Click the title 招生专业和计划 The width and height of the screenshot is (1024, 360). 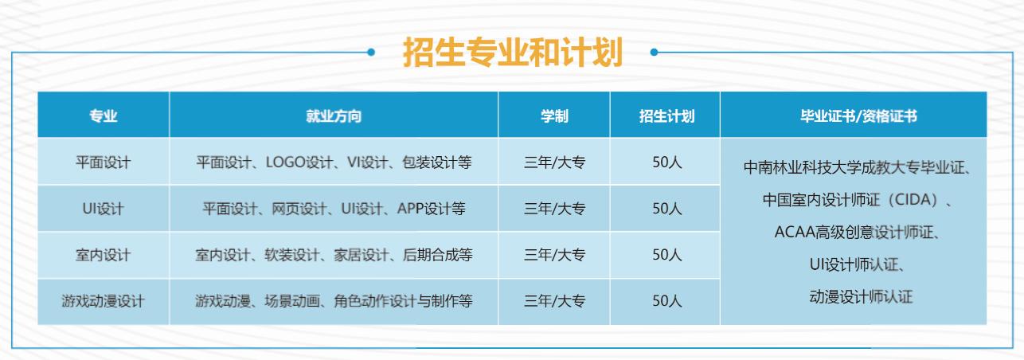512,53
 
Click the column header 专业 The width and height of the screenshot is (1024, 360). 103,115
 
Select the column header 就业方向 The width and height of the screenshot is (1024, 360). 334,115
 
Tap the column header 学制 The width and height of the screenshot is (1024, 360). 554,115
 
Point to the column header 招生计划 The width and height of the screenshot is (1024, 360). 666,115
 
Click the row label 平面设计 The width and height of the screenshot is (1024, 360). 103,162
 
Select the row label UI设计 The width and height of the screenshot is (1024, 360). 103,209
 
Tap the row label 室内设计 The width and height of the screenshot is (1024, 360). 103,255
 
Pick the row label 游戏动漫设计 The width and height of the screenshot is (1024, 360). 103,302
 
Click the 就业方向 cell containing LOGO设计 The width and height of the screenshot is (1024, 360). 334,162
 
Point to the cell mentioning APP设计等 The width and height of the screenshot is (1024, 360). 334,209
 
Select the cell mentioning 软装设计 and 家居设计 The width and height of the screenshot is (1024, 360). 334,255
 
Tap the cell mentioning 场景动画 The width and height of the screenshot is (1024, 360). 334,302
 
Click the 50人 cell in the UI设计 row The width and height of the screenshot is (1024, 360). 666,209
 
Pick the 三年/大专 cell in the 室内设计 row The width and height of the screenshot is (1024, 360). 554,255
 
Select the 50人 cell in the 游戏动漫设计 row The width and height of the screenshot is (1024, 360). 666,302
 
